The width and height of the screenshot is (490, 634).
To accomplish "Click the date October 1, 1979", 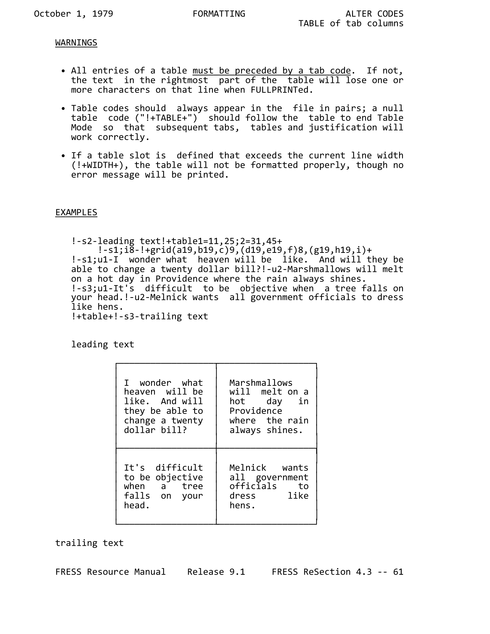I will click(x=74, y=14).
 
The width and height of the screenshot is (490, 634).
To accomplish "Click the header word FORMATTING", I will click(x=219, y=14).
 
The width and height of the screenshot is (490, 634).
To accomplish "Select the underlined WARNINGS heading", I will click(x=76, y=43).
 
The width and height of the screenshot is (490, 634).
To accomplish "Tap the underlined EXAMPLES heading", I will click(x=76, y=212).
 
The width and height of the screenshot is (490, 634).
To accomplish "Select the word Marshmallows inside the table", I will click(x=261, y=382).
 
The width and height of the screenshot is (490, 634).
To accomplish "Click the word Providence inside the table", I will click(x=256, y=411).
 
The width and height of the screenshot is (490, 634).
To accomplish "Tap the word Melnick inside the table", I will click(x=247, y=468).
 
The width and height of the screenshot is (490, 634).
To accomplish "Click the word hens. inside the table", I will click(x=242, y=505).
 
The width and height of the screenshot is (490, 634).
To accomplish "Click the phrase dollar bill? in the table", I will click(x=155, y=430).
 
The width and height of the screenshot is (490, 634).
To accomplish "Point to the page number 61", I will click(x=398, y=572).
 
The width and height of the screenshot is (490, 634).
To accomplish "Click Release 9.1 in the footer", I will click(x=216, y=572).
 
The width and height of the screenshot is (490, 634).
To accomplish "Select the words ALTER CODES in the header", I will click(x=374, y=14).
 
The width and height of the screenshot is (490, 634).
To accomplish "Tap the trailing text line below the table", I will click(x=90, y=543).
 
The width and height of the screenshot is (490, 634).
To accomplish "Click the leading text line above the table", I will click(x=102, y=344).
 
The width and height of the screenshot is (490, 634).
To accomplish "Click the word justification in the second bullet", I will click(x=343, y=127).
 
